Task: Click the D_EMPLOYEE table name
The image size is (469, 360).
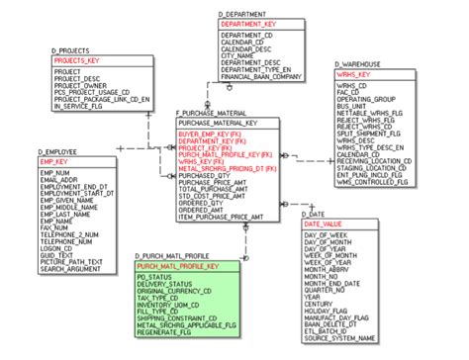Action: click(58, 150)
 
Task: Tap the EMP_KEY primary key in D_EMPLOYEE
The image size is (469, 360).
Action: click(54, 161)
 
